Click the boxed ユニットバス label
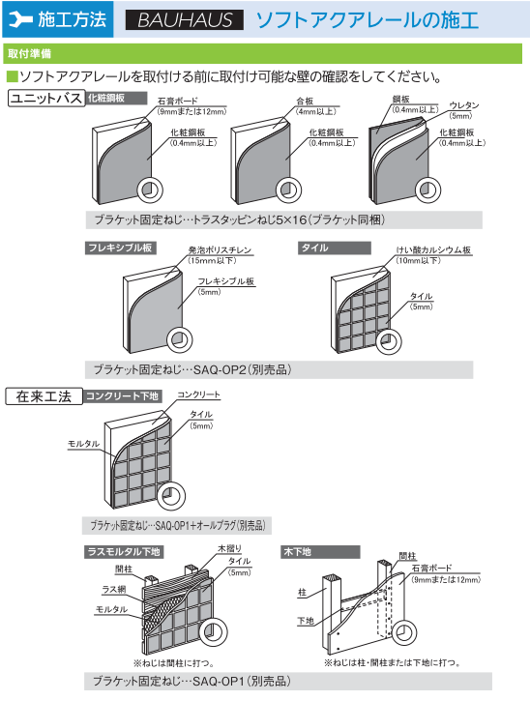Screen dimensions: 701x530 click(44, 98)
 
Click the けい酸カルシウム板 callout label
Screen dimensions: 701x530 click(434, 249)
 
